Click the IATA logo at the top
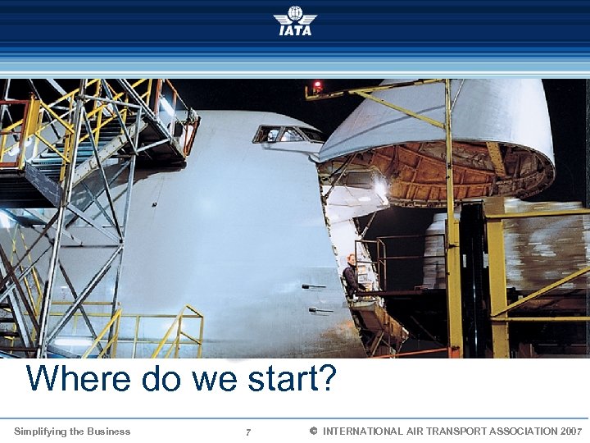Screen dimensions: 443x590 tap(295, 21)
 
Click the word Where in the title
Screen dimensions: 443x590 tap(78, 379)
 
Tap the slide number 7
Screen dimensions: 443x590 tap(248, 432)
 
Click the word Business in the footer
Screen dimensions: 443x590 tap(110, 431)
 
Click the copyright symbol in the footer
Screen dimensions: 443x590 tap(313, 431)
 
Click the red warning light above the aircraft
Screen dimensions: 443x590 tap(317, 84)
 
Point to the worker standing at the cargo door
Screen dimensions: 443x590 tap(351, 276)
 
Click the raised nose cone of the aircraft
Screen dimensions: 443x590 tap(442, 131)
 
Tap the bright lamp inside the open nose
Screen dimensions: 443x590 tap(379, 189)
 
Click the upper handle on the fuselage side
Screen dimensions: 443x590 tap(313, 286)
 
